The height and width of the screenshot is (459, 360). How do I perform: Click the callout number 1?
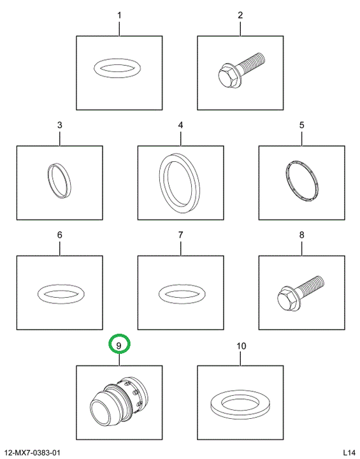point(119,15)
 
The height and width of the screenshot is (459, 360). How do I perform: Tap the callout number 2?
point(240,15)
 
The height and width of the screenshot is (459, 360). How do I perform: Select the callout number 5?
point(302,125)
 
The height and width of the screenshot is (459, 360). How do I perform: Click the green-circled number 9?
point(119,346)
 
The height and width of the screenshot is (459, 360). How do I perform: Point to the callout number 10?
point(241,346)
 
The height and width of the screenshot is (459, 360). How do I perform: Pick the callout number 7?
point(180,235)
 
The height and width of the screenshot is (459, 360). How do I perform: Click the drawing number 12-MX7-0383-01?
point(32,453)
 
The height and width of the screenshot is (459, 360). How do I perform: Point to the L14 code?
point(349,453)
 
